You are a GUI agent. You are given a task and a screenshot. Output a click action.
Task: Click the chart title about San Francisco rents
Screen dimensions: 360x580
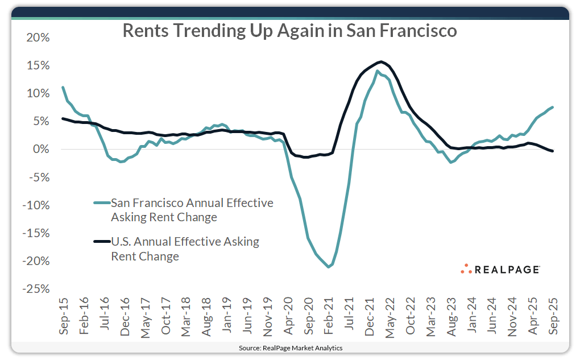pyautogui.click(x=290, y=31)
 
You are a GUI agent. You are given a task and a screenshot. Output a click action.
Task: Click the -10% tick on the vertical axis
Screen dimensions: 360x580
pyautogui.click(x=37, y=205)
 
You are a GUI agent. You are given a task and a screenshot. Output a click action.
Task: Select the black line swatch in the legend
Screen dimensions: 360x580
pyautogui.click(x=101, y=242)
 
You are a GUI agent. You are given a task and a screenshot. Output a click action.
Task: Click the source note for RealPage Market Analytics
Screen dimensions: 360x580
pyautogui.click(x=290, y=347)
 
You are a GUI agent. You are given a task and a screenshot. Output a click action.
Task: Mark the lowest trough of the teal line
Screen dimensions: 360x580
pyautogui.click(x=328, y=267)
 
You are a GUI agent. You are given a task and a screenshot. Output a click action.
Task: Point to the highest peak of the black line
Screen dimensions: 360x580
pyautogui.click(x=380, y=61)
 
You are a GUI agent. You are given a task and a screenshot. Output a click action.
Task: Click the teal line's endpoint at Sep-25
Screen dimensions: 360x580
pyautogui.click(x=553, y=107)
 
